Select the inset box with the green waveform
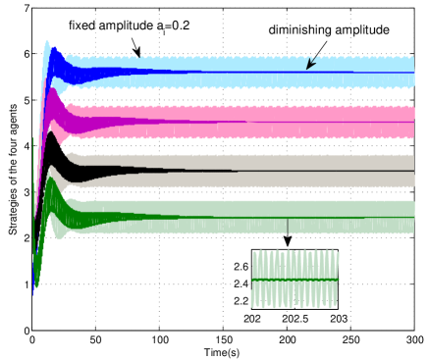pos(294,279)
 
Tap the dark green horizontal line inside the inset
pos(294,280)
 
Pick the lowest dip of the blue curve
pos(33,290)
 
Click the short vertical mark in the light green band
pos(288,225)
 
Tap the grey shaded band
pos(245,162)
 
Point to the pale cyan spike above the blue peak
pos(46,43)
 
